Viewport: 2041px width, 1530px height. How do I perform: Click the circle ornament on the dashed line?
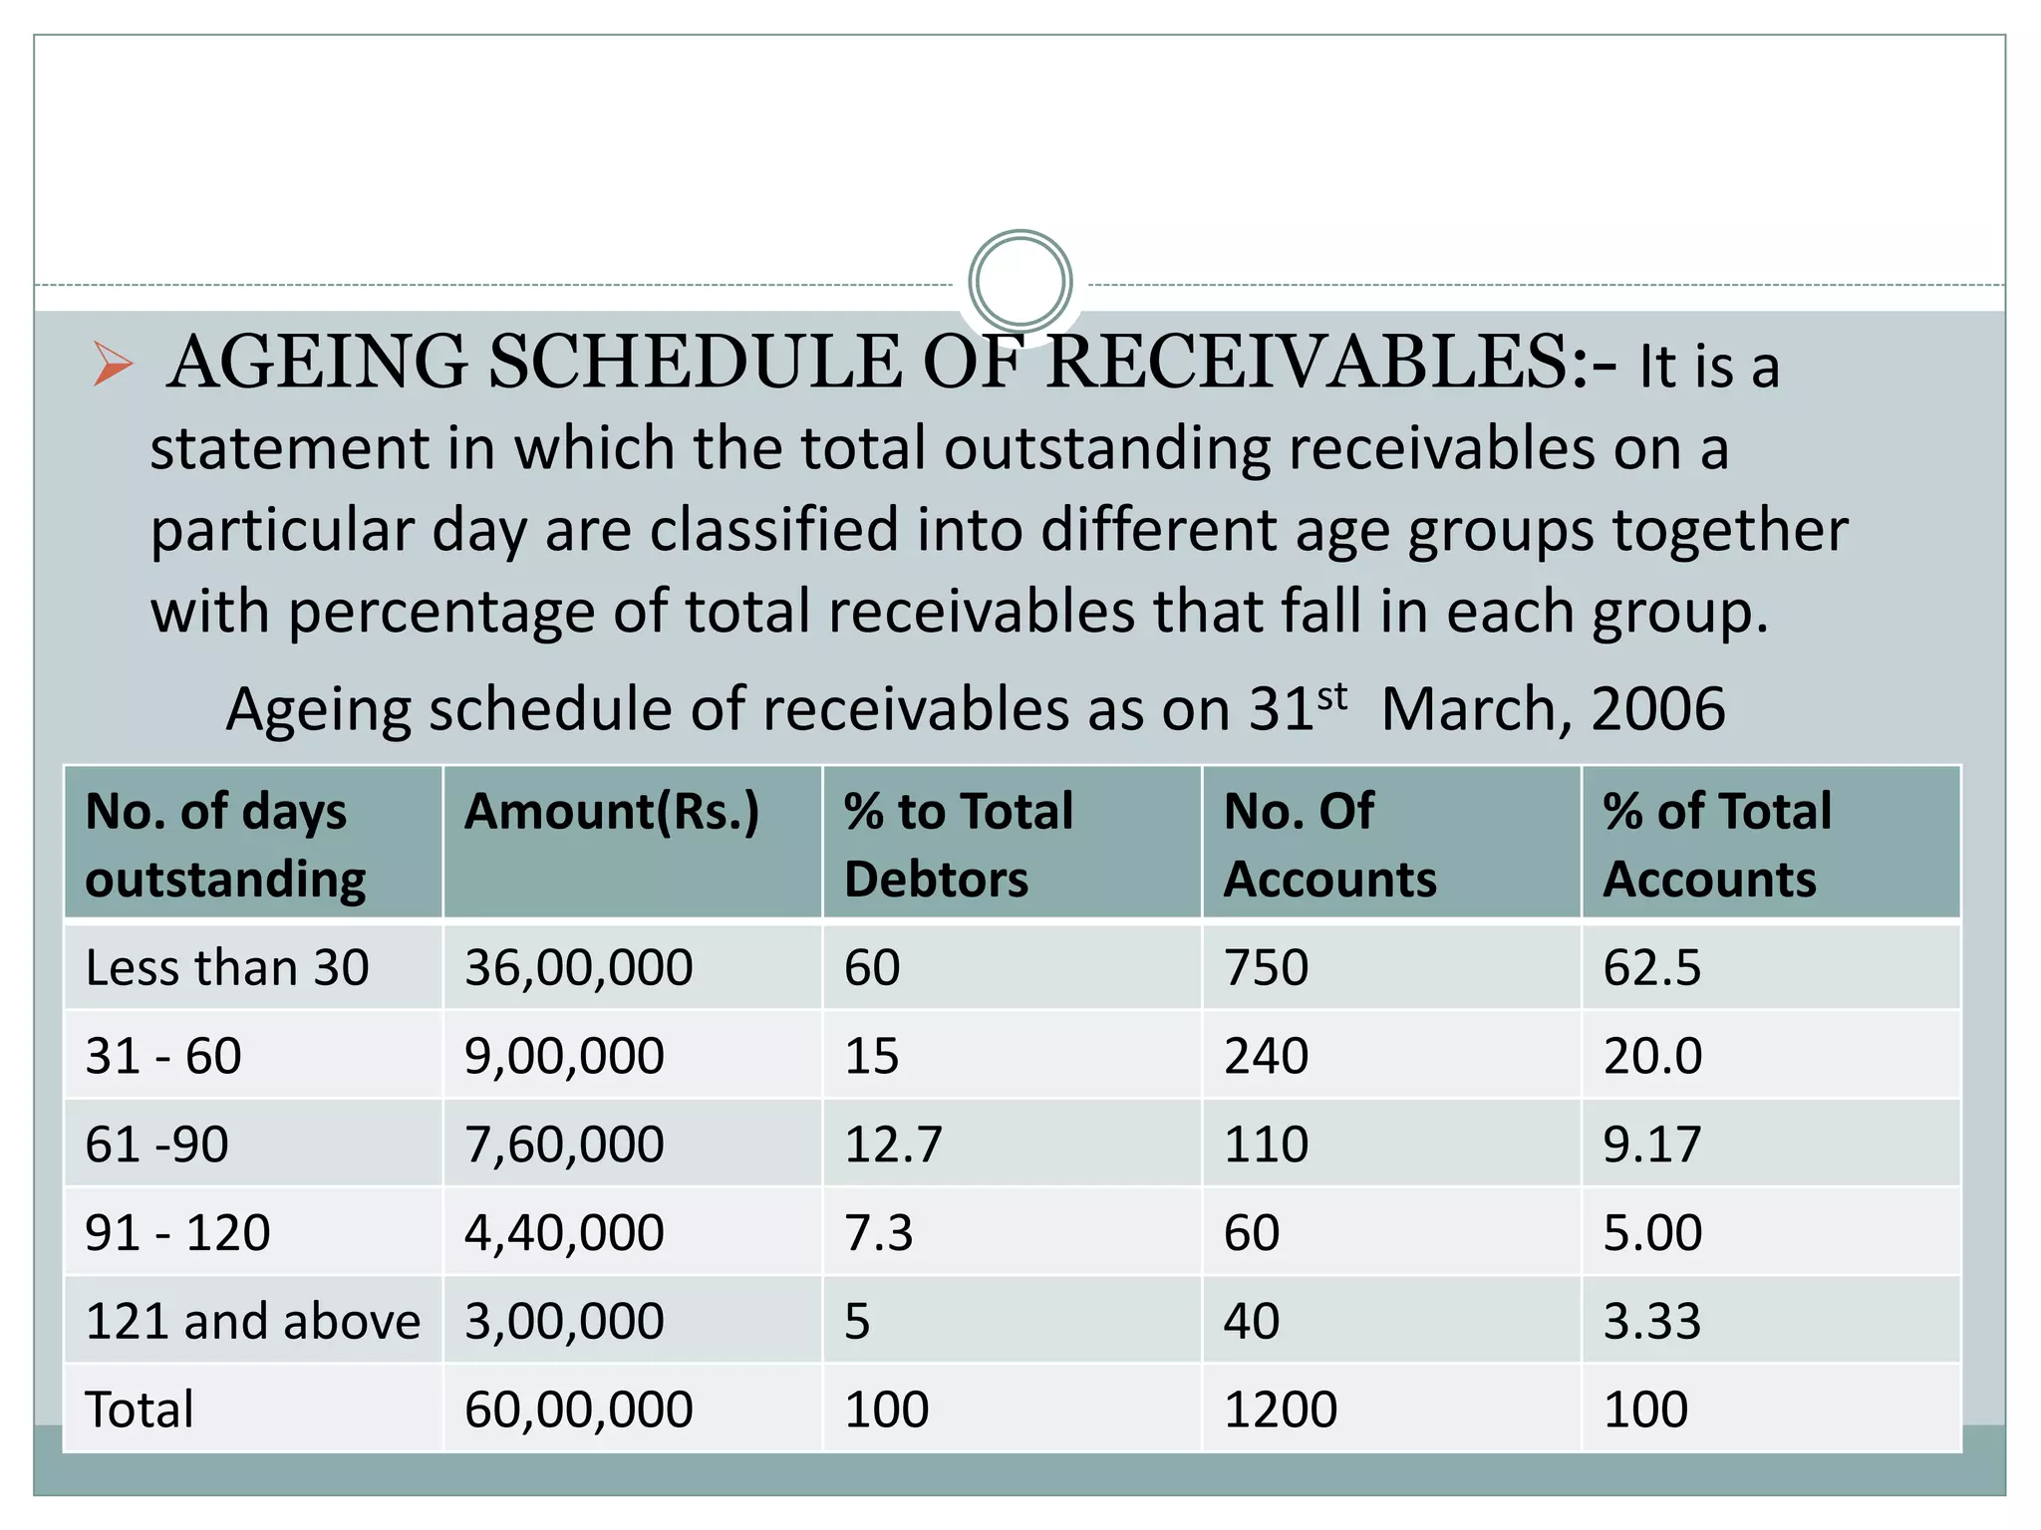[1020, 282]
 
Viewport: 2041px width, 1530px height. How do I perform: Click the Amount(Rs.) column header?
[612, 811]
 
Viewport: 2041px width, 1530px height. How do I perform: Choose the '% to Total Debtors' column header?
[958, 844]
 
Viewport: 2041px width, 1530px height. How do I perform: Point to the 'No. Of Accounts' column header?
[1329, 844]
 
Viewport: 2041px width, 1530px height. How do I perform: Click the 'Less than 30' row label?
[227, 967]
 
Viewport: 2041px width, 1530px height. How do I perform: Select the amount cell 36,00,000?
[578, 967]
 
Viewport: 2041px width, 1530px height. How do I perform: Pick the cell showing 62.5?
[1651, 967]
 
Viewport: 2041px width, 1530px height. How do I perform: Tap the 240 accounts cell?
[1266, 1055]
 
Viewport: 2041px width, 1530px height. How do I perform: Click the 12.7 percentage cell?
[892, 1144]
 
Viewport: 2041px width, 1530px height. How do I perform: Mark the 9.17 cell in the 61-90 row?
[1651, 1144]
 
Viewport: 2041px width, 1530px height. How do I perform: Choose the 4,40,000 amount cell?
[564, 1232]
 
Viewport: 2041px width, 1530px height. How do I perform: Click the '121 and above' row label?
[253, 1321]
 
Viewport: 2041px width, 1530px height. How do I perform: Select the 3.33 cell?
[1651, 1321]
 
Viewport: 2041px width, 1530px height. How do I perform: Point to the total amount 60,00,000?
[578, 1409]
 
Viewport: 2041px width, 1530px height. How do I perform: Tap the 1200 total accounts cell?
[1280, 1409]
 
